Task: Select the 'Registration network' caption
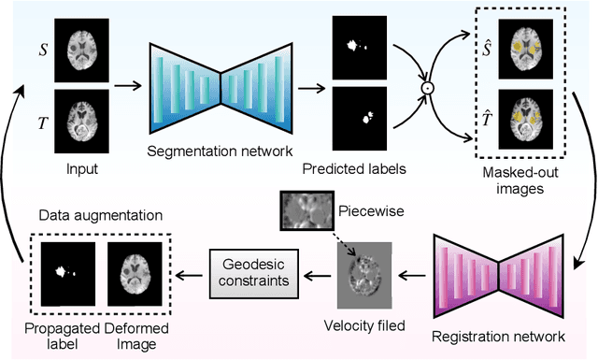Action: tap(501, 334)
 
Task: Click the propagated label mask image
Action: tap(67, 275)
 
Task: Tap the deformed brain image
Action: tap(131, 275)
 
